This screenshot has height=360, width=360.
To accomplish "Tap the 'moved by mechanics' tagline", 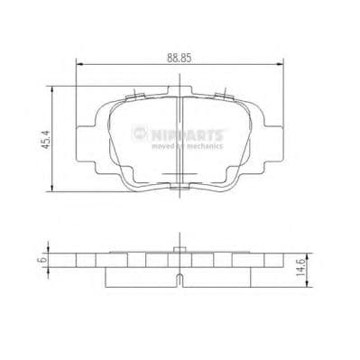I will tap(186, 145).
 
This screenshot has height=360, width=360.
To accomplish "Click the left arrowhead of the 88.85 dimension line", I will tap(78, 64).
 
